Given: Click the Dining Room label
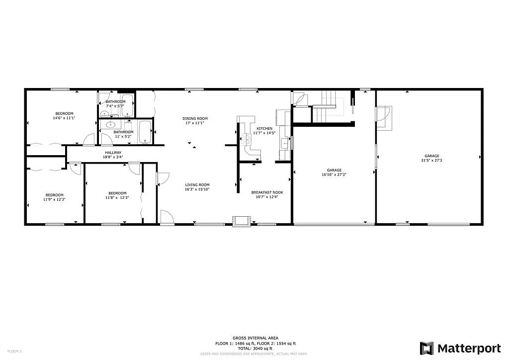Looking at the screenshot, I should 195,118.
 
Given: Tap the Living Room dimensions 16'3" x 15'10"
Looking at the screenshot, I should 197,189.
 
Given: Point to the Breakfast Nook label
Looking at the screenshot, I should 267,192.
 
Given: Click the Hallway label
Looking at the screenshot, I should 113,153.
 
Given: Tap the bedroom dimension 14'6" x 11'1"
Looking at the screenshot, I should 63,118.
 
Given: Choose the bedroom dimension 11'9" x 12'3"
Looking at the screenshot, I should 55,199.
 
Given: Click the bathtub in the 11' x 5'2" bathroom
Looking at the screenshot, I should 145,132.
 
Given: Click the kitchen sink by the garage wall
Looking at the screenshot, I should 284,143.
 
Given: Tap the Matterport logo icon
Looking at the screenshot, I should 426,348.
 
